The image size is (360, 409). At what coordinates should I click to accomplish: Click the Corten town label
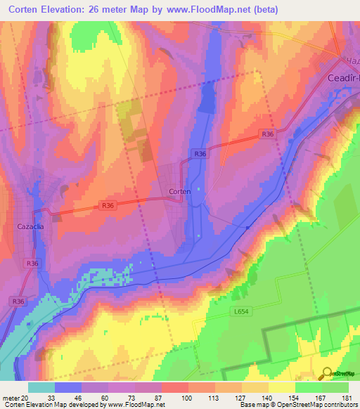click(x=180, y=190)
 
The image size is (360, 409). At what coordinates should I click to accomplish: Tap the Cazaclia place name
click(x=31, y=227)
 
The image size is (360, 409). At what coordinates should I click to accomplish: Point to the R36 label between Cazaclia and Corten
click(x=108, y=205)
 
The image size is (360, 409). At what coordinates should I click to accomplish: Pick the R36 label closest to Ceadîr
click(x=266, y=134)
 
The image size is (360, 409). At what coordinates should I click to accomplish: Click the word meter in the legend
click(x=10, y=398)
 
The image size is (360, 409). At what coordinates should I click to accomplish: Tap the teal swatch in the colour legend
click(x=41, y=387)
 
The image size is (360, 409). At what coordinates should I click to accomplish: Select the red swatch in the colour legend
click(x=174, y=387)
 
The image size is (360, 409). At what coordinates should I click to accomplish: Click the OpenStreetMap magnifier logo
click(x=326, y=373)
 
